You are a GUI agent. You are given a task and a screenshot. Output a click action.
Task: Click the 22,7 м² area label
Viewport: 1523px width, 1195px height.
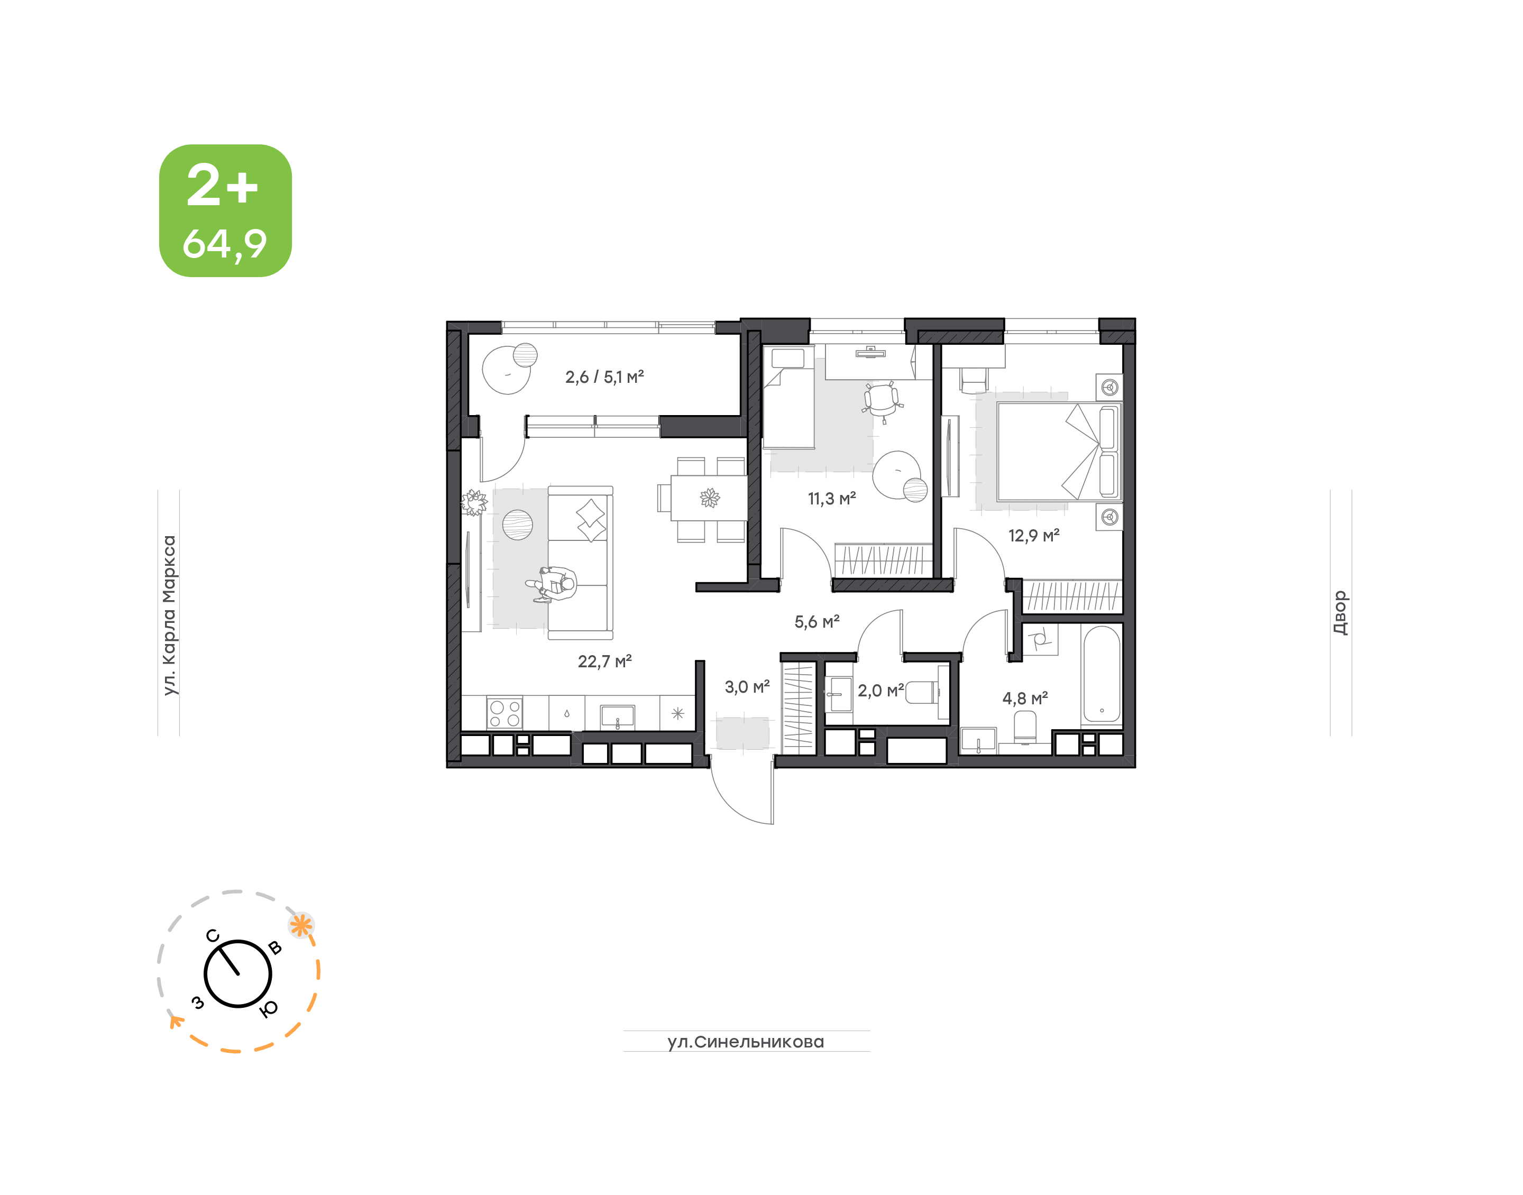[604, 661]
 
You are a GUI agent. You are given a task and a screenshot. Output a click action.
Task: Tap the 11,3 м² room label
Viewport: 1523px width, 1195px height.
[832, 499]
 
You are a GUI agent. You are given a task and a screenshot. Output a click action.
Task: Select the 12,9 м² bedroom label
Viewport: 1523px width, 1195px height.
[1033, 536]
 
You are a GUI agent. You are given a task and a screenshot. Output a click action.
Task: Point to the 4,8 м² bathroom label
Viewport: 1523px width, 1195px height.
[1025, 698]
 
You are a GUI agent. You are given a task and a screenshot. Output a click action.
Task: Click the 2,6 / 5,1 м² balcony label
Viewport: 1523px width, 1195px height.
[604, 377]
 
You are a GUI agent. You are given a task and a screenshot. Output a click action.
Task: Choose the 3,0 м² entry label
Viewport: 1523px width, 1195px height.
[747, 687]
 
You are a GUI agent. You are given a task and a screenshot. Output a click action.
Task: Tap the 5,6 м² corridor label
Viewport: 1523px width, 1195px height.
[817, 622]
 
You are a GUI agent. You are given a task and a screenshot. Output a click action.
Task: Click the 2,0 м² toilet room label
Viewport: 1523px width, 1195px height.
[881, 691]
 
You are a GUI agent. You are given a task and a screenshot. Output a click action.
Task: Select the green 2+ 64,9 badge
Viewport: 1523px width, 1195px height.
[225, 210]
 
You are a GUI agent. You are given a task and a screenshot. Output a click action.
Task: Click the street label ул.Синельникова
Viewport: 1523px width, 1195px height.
[746, 1042]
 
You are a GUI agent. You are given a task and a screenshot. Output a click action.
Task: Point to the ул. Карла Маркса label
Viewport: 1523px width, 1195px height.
[169, 615]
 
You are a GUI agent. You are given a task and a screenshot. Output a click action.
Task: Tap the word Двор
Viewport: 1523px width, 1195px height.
[1339, 613]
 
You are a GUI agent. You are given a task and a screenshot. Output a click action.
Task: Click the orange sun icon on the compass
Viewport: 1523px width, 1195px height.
[301, 926]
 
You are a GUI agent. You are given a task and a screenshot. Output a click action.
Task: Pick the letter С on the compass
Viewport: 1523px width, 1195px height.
[213, 936]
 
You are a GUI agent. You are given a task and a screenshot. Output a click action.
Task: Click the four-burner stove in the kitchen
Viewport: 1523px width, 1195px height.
[504, 714]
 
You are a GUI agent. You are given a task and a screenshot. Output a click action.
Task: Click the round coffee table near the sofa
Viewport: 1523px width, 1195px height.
[517, 525]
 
